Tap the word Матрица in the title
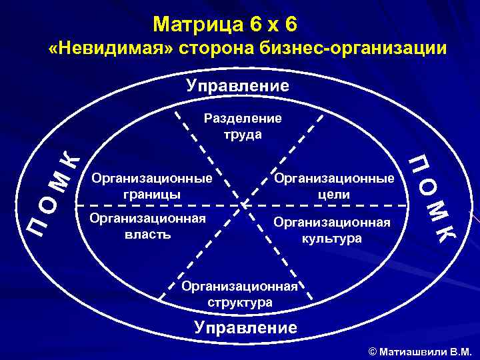[x=197, y=25]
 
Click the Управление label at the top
[x=238, y=86]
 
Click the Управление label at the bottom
[x=245, y=327]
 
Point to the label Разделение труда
[x=243, y=126]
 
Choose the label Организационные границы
[x=152, y=186]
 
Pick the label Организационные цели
[x=334, y=186]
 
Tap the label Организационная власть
[x=148, y=226]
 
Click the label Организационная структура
[x=239, y=294]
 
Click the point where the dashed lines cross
[x=243, y=203]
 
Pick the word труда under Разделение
[x=243, y=134]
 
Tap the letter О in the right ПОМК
[x=425, y=186]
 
